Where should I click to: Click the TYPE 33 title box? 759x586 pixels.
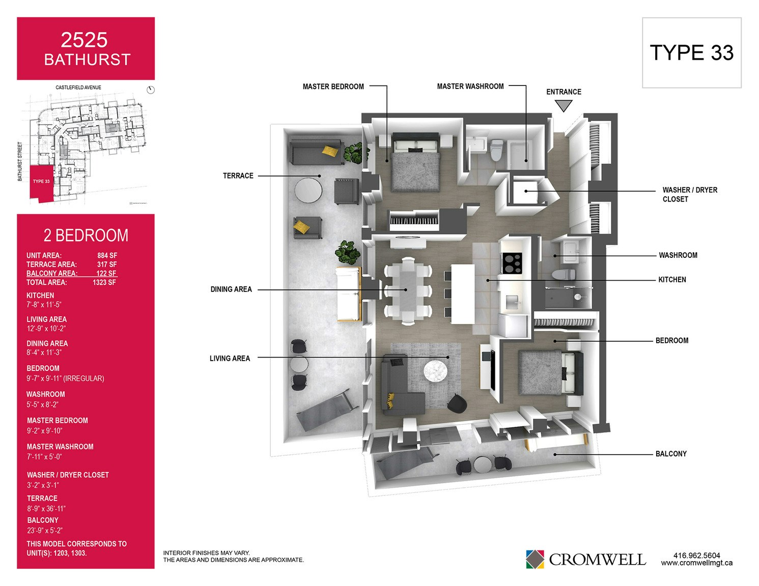tap(692, 53)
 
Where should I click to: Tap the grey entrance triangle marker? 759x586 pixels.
tap(564, 105)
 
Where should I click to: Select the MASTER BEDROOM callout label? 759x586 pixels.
tap(333, 86)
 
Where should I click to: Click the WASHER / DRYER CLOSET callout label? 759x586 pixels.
tap(690, 194)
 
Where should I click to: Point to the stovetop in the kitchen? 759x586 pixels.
tap(512, 263)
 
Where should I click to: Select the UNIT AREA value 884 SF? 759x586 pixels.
tap(107, 255)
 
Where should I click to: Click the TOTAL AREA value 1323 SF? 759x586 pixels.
tap(104, 282)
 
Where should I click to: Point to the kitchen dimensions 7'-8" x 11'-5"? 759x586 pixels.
tap(44, 305)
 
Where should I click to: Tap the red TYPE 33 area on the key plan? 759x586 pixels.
tap(41, 183)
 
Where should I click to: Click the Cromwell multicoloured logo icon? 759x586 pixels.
tap(535, 559)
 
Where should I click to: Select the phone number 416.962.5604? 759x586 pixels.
tap(697, 555)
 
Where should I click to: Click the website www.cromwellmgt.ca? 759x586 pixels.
tap(697, 563)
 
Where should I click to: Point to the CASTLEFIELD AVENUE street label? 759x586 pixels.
tap(78, 87)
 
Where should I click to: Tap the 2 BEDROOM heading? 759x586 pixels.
tap(86, 235)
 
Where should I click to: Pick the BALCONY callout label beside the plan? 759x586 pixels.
tap(671, 454)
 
